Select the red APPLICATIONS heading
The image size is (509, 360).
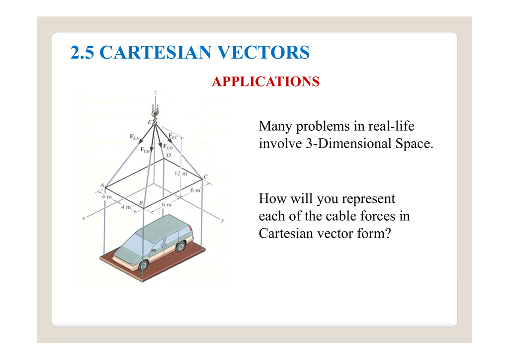(x=265, y=82)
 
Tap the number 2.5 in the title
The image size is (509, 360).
(x=83, y=52)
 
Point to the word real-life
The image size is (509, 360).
(x=391, y=127)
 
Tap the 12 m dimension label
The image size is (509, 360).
(x=180, y=174)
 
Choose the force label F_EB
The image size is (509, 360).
(x=145, y=149)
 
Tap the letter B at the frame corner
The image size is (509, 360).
(x=141, y=203)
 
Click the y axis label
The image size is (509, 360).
(x=222, y=220)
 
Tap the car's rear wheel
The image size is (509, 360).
(x=180, y=246)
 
